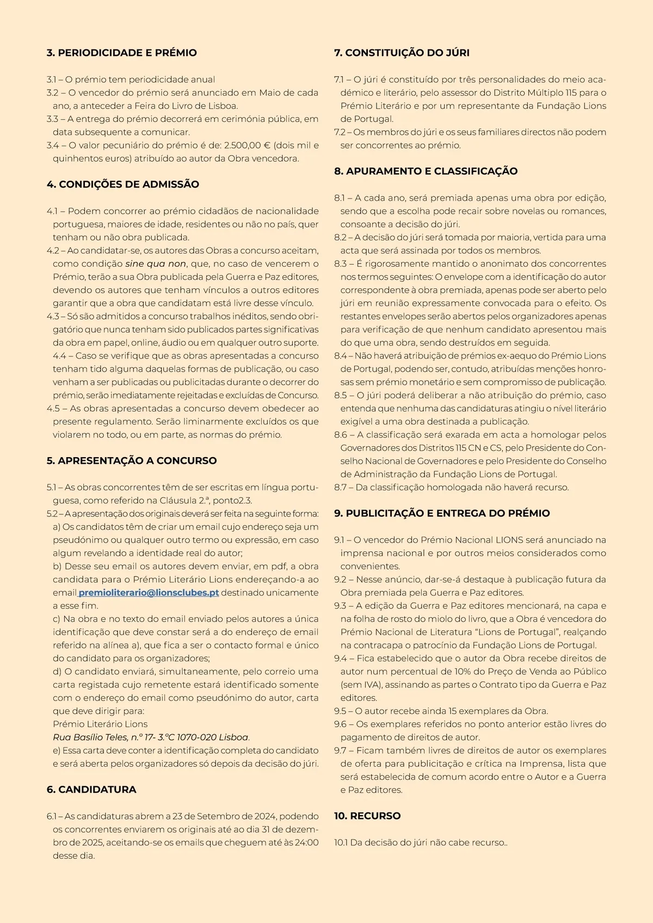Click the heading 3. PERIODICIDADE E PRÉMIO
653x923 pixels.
click(122, 53)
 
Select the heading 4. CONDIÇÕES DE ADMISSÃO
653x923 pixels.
click(123, 184)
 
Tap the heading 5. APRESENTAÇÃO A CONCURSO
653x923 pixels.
click(132, 461)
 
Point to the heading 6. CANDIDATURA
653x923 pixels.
click(91, 790)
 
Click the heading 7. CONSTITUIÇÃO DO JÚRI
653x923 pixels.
click(402, 53)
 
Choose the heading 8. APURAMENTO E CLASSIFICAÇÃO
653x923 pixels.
click(426, 171)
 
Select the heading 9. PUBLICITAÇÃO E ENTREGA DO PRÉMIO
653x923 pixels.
click(442, 514)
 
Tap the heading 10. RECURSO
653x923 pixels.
click(367, 816)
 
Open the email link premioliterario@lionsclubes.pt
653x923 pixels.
click(149, 593)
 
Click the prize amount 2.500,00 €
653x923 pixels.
click(247, 145)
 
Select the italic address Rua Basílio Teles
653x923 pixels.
click(90, 737)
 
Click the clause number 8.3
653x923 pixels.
click(341, 264)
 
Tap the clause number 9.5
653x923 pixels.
click(341, 711)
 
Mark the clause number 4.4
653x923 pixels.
click(59, 356)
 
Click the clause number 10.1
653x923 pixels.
click(341, 843)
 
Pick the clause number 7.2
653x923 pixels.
click(340, 132)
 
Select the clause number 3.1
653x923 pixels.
click(53, 79)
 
